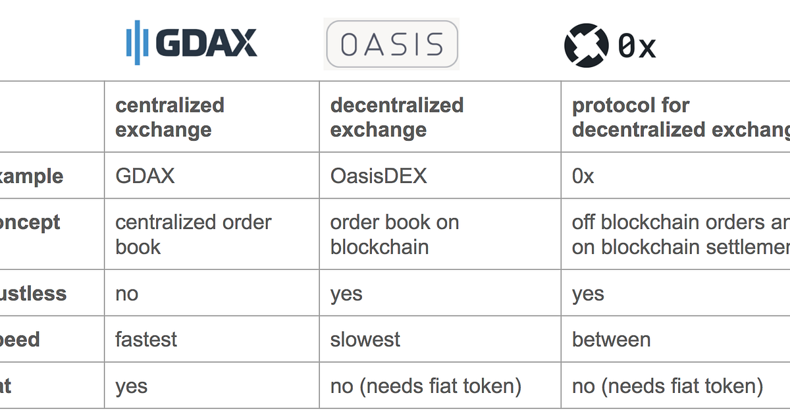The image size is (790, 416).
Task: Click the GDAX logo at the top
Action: tap(191, 43)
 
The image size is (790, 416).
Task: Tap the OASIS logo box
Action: tap(392, 44)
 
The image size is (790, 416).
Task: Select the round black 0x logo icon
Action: tap(586, 45)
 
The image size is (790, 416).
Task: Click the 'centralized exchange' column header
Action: tap(170, 117)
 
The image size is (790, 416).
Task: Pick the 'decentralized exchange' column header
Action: tap(396, 117)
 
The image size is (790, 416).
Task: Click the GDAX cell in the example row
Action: tap(145, 176)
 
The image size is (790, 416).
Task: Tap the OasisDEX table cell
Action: tap(379, 176)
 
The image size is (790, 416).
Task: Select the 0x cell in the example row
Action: tap(583, 176)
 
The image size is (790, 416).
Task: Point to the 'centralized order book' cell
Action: tap(193, 234)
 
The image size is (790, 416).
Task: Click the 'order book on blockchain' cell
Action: tap(394, 234)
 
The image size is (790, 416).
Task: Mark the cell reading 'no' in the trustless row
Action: tap(127, 294)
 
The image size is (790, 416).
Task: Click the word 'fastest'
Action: tap(146, 340)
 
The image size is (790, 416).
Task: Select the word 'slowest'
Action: tap(365, 340)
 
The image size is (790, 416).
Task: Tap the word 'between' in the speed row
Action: tap(611, 340)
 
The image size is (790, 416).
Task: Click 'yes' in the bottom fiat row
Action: tap(131, 386)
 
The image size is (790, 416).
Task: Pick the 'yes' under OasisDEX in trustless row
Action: tap(346, 294)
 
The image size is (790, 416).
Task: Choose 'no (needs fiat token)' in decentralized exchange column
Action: tap(425, 386)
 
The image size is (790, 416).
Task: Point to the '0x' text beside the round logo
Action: tap(637, 46)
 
